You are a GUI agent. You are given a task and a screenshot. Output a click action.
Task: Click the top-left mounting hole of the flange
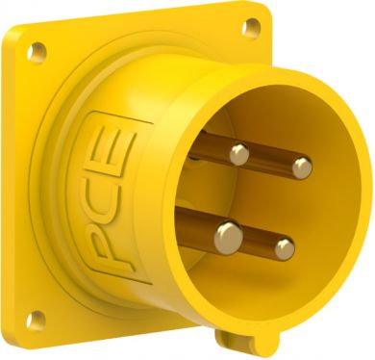[37, 51]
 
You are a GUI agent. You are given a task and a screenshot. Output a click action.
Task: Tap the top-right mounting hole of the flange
[252, 27]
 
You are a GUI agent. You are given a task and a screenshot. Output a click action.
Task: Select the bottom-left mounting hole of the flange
[36, 321]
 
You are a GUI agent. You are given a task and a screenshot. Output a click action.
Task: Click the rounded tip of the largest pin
[229, 238]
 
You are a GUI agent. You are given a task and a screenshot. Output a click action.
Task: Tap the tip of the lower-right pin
[285, 248]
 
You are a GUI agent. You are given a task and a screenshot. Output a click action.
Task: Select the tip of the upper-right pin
[302, 167]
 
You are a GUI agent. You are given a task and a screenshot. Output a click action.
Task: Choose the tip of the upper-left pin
[239, 154]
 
